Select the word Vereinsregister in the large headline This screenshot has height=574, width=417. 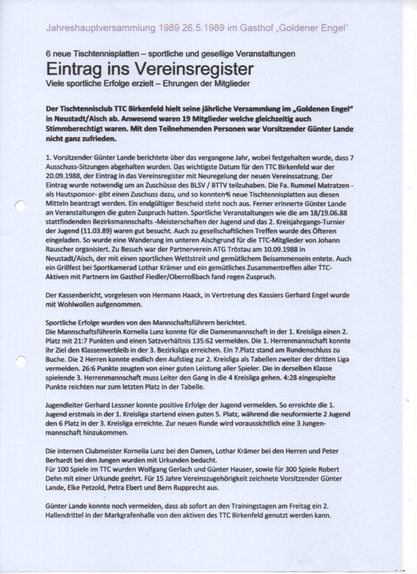coord(197,69)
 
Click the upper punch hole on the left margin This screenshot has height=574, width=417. coord(20,206)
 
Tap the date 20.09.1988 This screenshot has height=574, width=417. coord(65,175)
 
